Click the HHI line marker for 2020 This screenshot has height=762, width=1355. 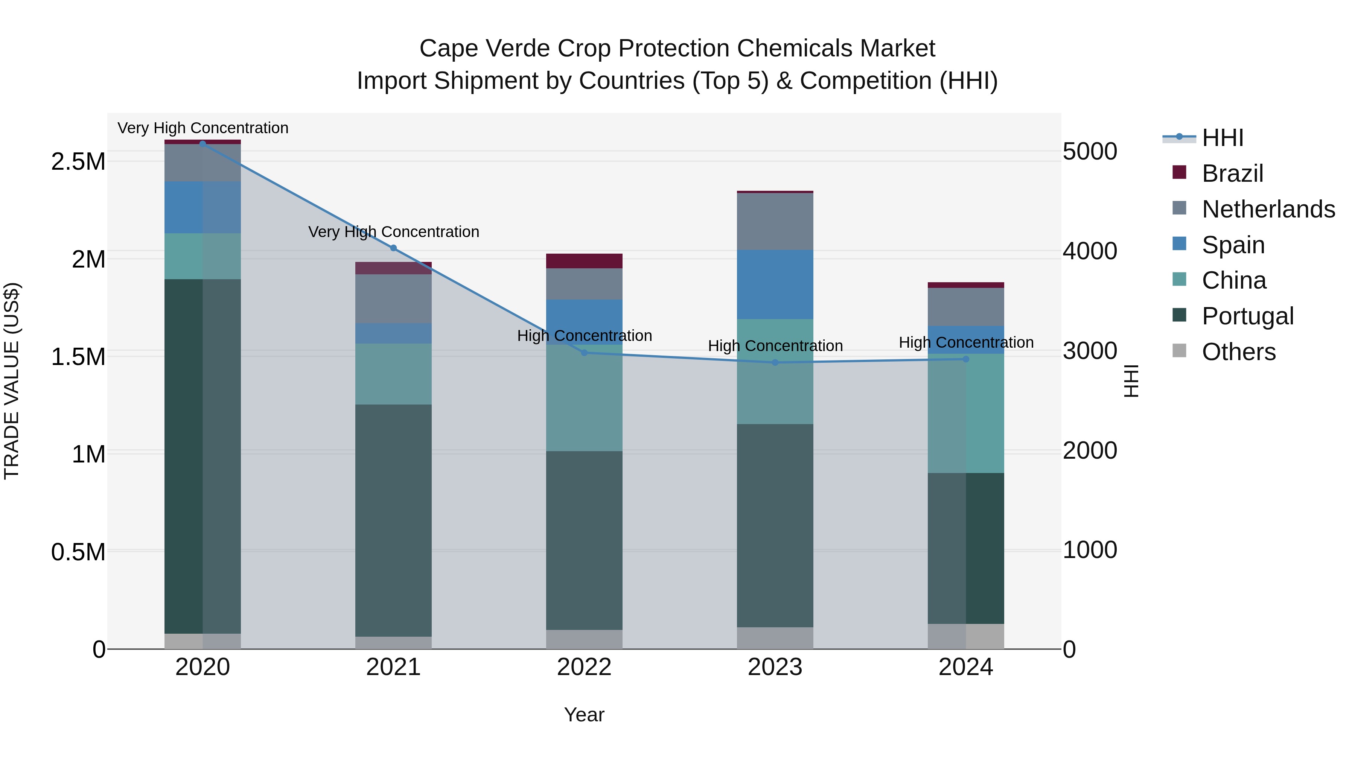[x=202, y=144]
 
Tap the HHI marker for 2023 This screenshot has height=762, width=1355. [x=775, y=362]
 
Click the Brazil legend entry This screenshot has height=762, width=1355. [x=1232, y=173]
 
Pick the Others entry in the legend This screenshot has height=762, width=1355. [x=1238, y=352]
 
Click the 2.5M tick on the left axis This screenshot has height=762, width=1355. [x=78, y=161]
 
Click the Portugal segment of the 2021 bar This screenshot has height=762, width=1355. [x=393, y=521]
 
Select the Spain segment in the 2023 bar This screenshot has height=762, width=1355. [x=775, y=284]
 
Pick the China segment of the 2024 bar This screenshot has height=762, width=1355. [x=966, y=413]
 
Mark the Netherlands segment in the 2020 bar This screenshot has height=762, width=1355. [x=202, y=163]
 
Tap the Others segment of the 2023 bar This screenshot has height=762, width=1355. [x=775, y=638]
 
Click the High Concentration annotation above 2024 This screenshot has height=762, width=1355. [x=966, y=342]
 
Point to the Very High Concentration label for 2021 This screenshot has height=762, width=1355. [x=393, y=232]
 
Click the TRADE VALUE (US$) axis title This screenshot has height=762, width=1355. [x=12, y=381]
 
